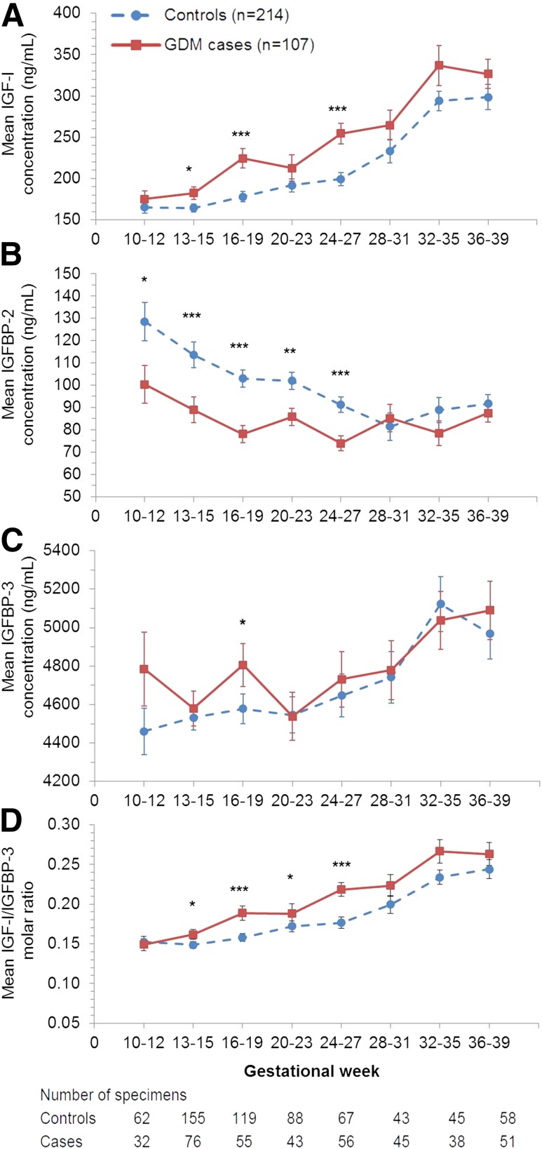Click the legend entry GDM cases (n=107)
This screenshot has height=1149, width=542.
[x=238, y=45]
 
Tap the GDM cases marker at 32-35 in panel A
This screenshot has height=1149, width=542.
[x=439, y=65]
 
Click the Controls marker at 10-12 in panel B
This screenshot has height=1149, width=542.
[x=144, y=322]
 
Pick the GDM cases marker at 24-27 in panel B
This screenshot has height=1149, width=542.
[x=341, y=443]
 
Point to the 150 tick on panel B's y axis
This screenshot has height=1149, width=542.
[x=69, y=274]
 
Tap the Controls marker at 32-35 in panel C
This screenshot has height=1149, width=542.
[x=440, y=604]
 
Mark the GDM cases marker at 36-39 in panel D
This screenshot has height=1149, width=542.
[x=489, y=854]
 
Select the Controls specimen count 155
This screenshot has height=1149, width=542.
[x=193, y=1118]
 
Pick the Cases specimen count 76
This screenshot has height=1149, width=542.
[x=193, y=1141]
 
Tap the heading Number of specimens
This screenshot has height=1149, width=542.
[x=113, y=1095]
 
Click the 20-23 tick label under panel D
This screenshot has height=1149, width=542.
[x=292, y=1042]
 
